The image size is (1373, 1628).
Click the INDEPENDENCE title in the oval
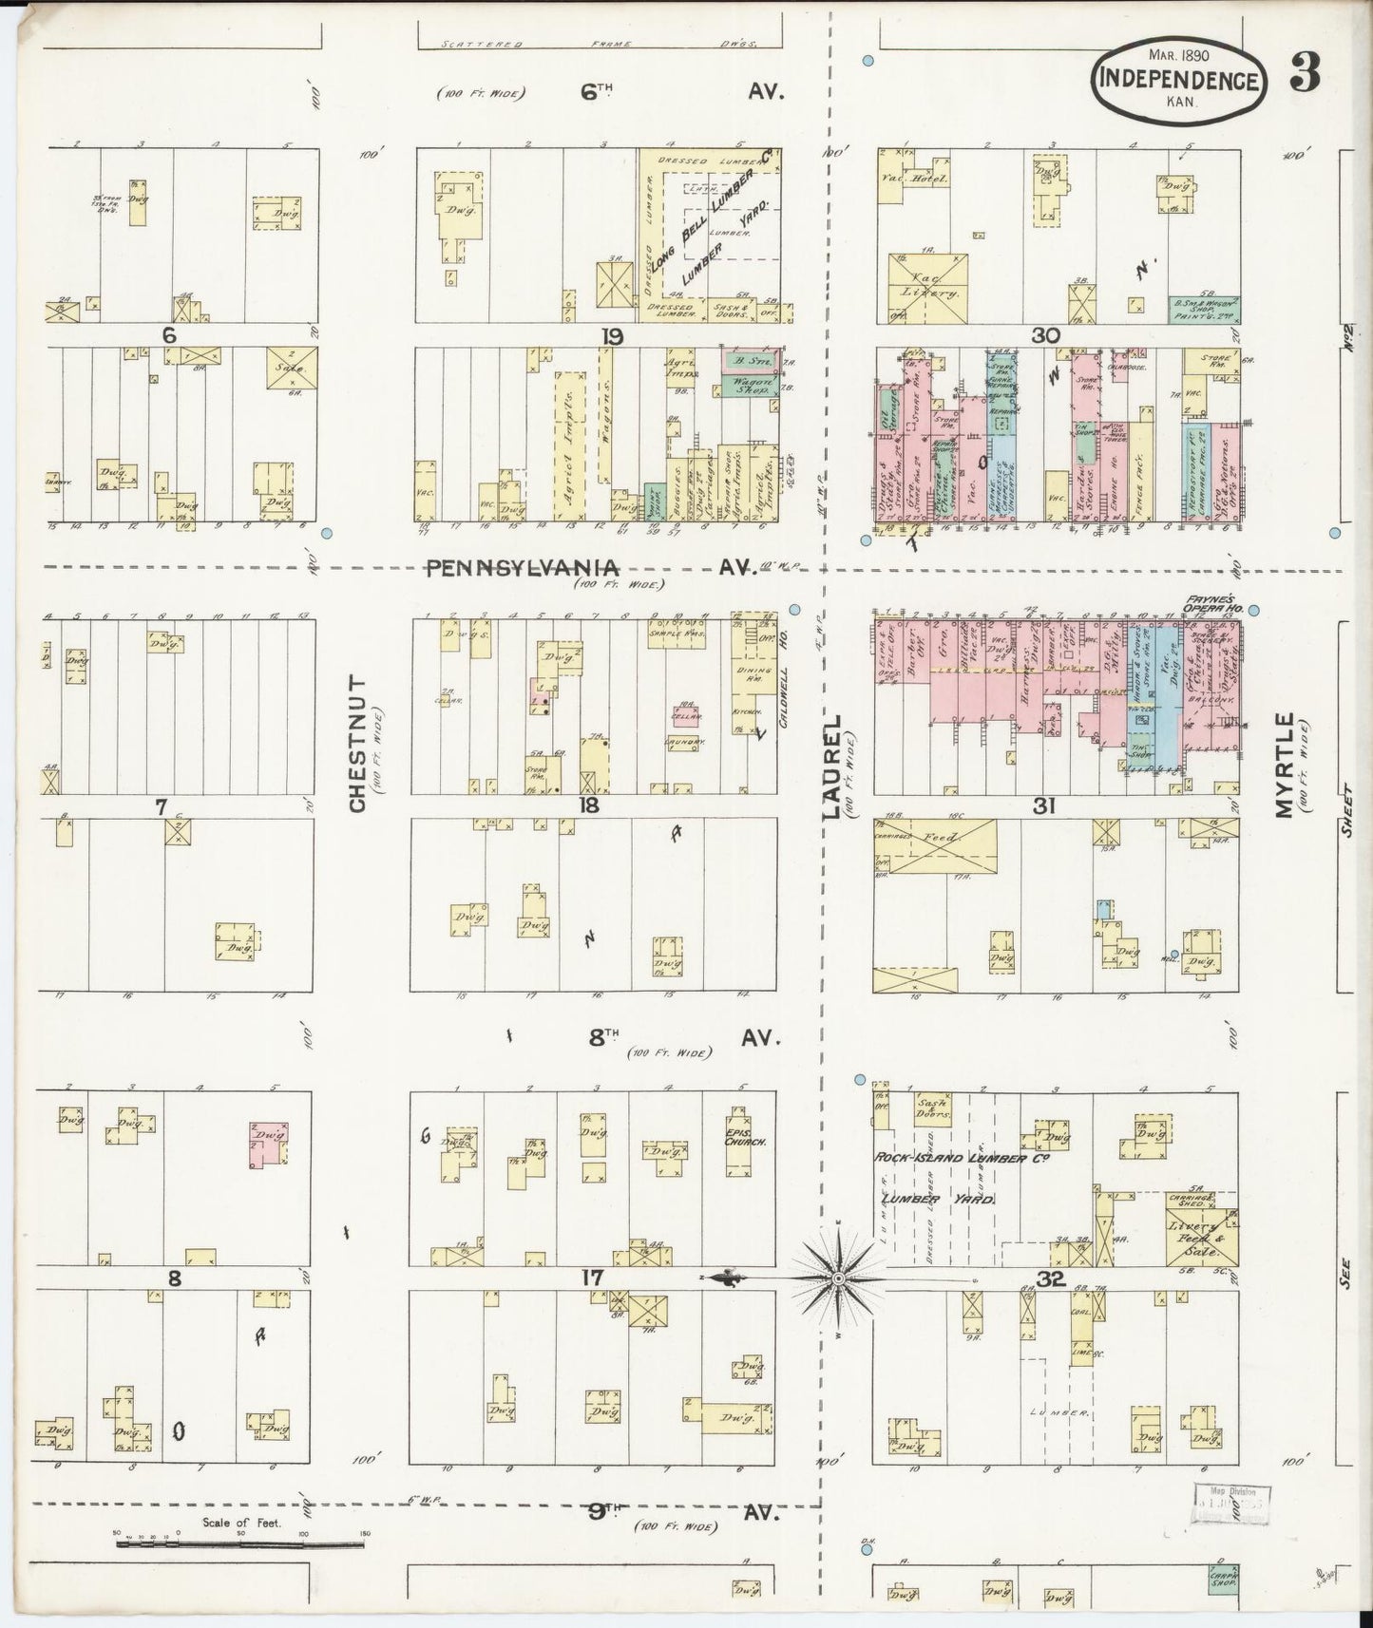pyautogui.click(x=1180, y=81)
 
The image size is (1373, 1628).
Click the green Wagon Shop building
pyautogui.click(x=749, y=385)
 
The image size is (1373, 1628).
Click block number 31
pyautogui.click(x=1045, y=806)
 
